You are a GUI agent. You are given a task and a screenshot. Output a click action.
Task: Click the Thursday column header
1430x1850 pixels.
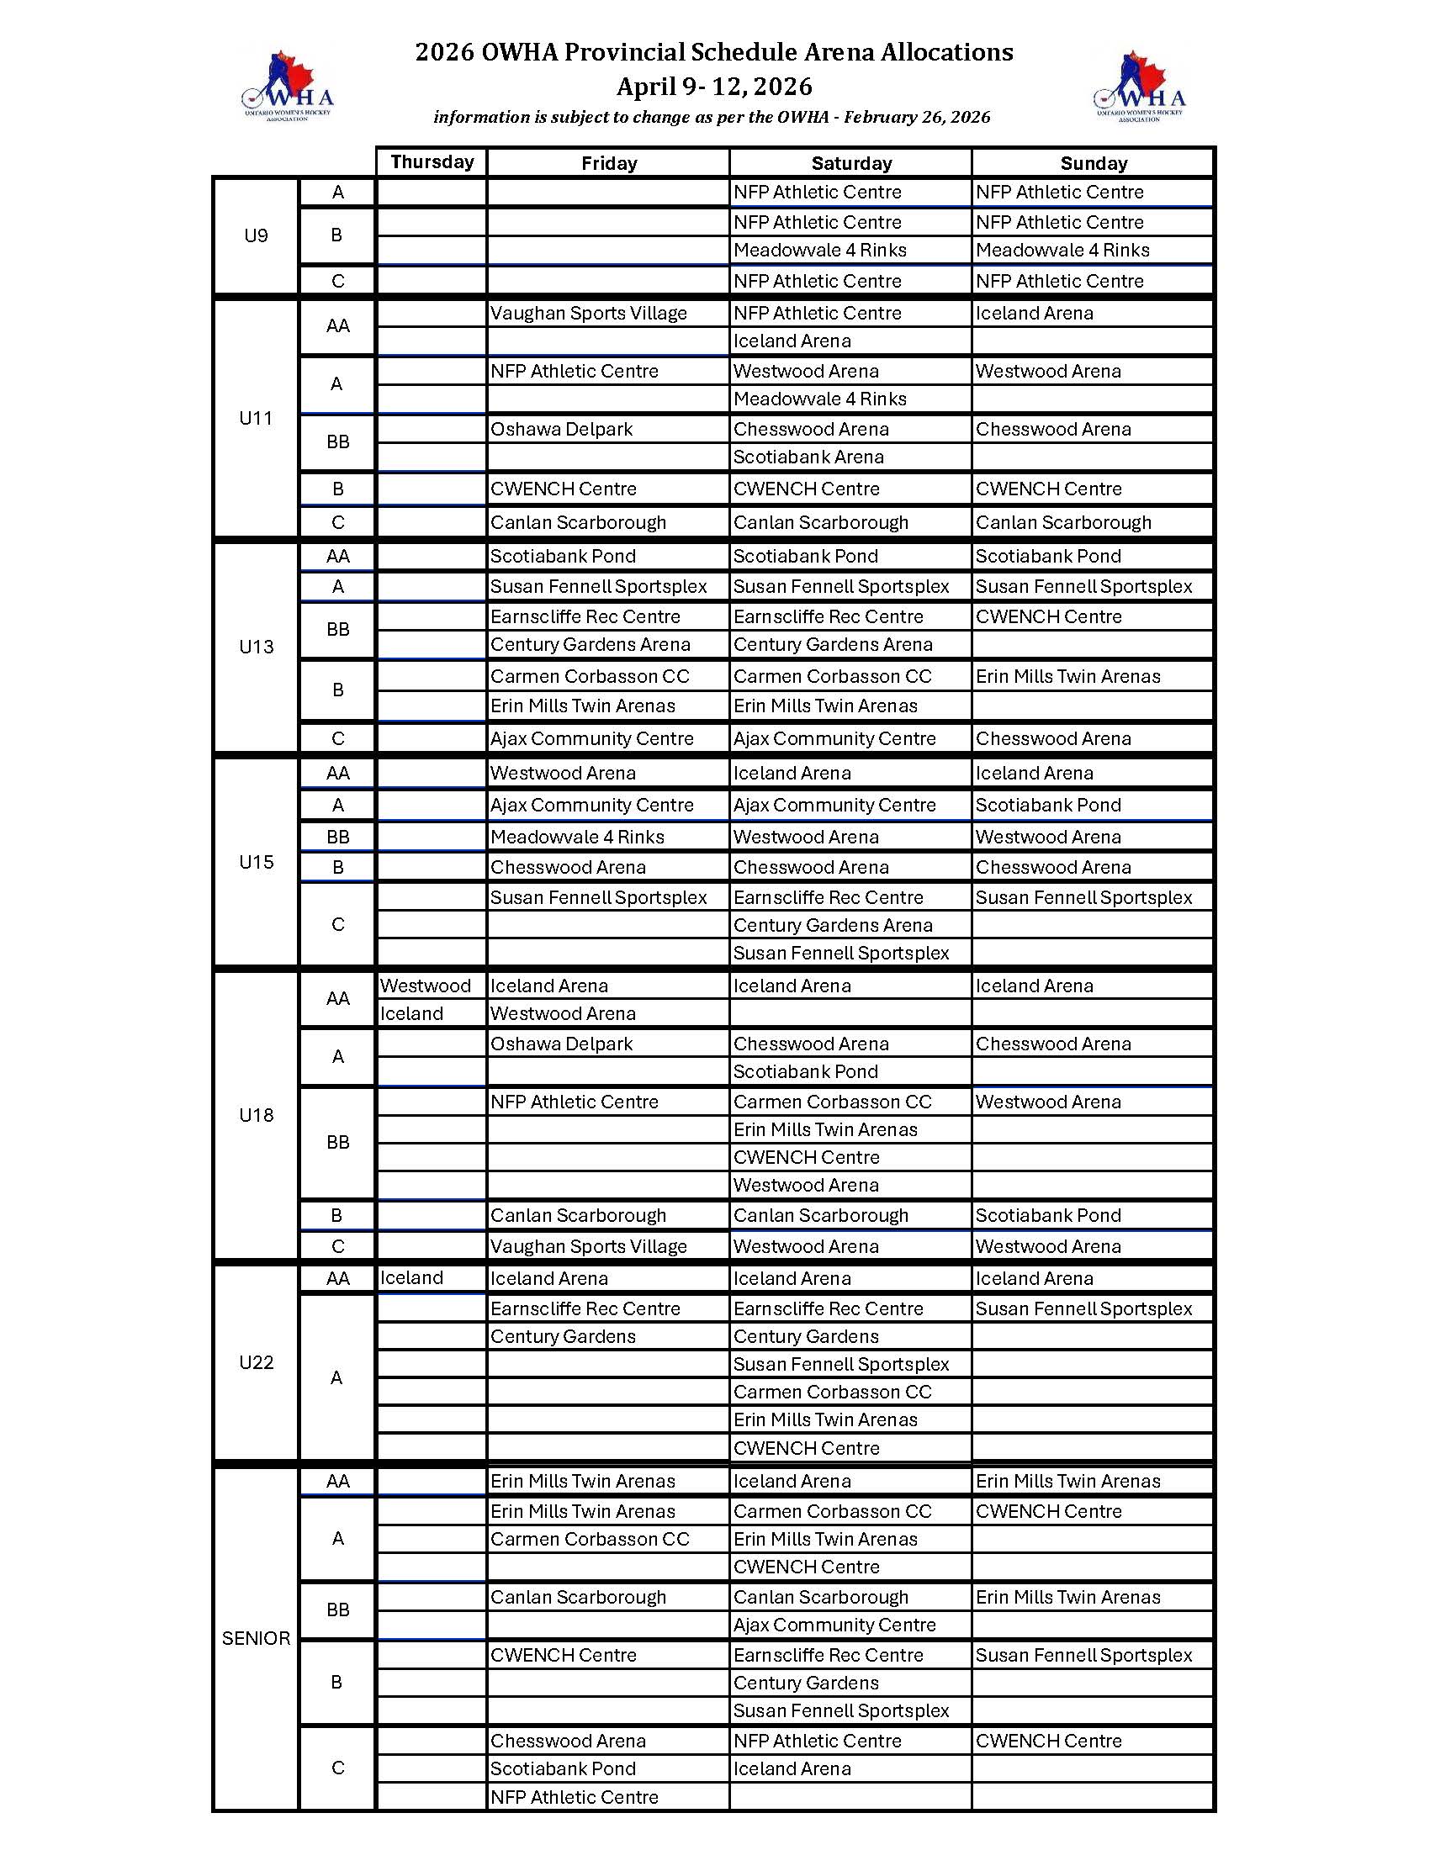(432, 161)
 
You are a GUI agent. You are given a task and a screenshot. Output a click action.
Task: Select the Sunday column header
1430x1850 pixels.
(1093, 163)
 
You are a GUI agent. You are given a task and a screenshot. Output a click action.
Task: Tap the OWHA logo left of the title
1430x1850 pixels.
(288, 87)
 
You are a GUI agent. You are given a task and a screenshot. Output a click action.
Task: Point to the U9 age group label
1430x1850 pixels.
(256, 235)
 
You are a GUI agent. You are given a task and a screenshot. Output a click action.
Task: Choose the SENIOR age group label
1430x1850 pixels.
(256, 1638)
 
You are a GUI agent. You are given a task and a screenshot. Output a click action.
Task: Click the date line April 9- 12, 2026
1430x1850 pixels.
(714, 87)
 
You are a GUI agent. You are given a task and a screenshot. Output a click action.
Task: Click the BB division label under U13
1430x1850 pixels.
(337, 629)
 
